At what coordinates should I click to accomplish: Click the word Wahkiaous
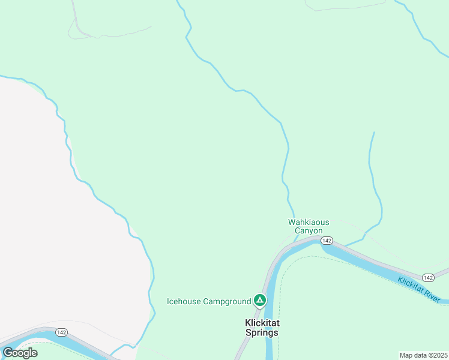(x=309, y=222)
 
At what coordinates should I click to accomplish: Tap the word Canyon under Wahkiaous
(x=309, y=230)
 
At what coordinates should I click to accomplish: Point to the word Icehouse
(x=184, y=301)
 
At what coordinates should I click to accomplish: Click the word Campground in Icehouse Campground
(x=226, y=301)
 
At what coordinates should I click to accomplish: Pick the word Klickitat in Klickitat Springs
(x=262, y=323)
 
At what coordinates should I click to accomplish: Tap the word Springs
(x=262, y=332)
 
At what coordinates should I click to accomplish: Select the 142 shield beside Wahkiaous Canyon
(x=326, y=240)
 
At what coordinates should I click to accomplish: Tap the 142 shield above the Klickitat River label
(x=427, y=277)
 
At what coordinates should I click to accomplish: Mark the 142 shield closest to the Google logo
(x=61, y=332)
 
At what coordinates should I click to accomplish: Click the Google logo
(x=20, y=353)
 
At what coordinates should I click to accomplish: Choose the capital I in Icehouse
(x=168, y=301)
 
